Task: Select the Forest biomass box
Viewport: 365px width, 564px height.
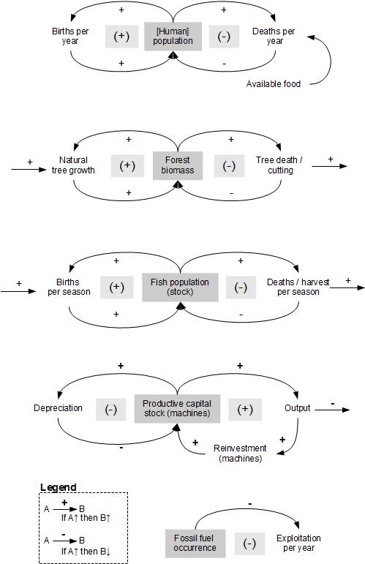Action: (176, 165)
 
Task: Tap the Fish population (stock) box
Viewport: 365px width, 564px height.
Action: (180, 287)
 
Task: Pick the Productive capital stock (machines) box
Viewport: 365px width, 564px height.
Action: (176, 408)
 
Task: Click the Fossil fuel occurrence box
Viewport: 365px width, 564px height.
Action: (195, 543)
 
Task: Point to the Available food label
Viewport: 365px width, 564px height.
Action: (274, 84)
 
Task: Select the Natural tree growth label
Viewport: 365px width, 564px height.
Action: (74, 165)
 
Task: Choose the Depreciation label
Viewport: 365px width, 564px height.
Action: (58, 408)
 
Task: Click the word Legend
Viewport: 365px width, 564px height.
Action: (59, 488)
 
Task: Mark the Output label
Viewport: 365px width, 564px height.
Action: (297, 408)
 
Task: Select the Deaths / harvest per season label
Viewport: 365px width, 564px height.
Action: (293, 287)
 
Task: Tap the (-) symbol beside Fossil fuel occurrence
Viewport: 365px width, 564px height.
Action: (249, 543)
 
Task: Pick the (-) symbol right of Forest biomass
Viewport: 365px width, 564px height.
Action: (229, 165)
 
